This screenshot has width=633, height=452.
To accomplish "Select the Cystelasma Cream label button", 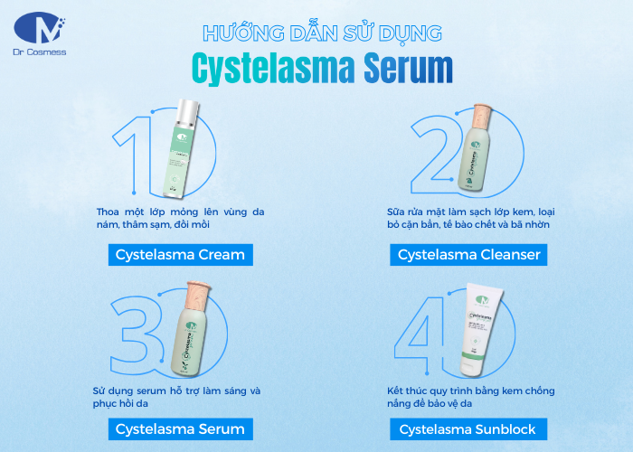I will [181, 254].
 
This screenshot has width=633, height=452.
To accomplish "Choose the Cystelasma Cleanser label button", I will [469, 254].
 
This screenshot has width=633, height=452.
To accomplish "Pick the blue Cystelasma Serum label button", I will [181, 428].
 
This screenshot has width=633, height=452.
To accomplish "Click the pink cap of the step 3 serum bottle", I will [197, 296].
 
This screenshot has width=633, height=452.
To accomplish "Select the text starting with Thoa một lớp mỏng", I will [180, 218].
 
